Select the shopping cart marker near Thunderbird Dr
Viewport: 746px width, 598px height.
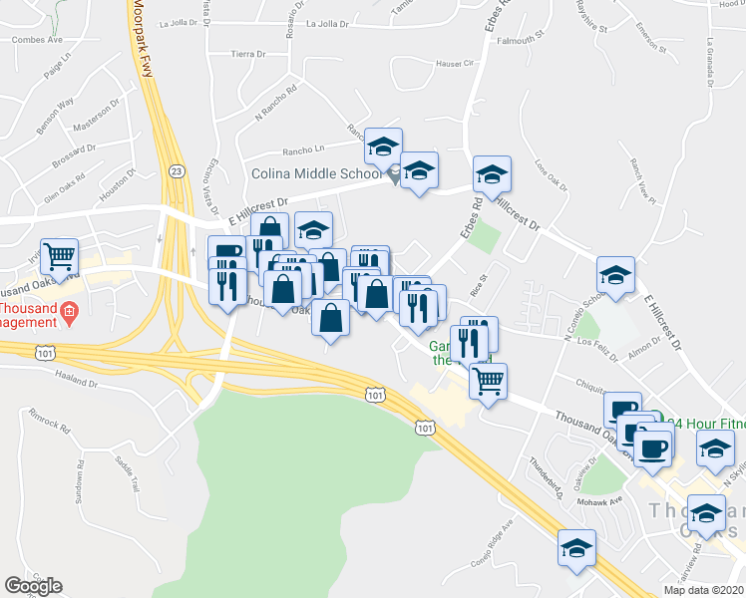[x=489, y=379]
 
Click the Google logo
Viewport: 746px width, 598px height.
[x=33, y=586]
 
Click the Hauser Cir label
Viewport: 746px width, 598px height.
[x=455, y=63]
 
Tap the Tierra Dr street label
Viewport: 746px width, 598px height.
[x=245, y=54]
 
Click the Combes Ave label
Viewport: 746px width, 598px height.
[x=36, y=41]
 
